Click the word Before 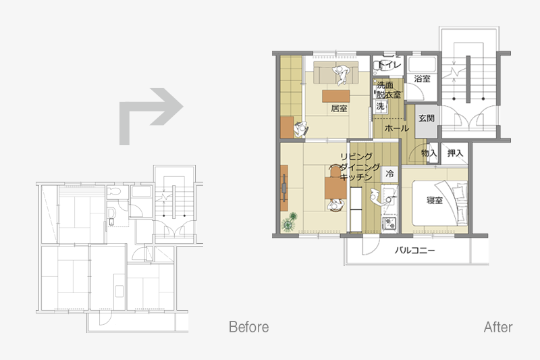[x=248, y=327]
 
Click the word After [x=498, y=327]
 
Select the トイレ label [x=389, y=64]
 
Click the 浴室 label [x=423, y=78]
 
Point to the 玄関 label [x=427, y=118]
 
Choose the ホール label [x=396, y=128]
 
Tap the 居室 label [x=339, y=108]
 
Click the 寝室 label [x=435, y=200]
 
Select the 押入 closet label [x=455, y=153]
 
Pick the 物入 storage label [x=429, y=153]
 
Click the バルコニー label [x=414, y=250]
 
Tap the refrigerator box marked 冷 [x=389, y=174]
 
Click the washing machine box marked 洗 [x=380, y=106]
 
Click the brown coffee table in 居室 [x=335, y=96]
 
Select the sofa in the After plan [x=336, y=72]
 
